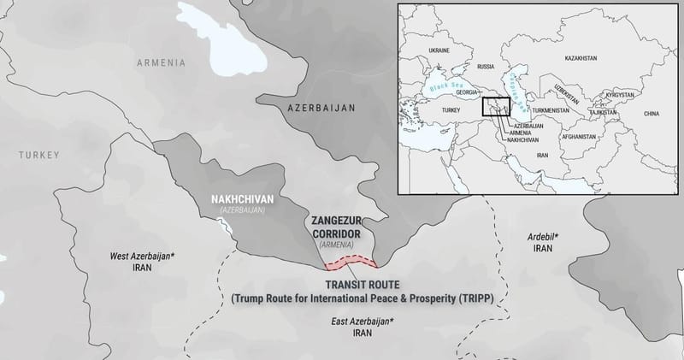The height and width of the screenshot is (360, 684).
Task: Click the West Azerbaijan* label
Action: pos(141,256)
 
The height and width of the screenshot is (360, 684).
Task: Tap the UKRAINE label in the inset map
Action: pos(438,50)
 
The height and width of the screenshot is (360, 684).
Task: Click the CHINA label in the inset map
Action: pos(652,113)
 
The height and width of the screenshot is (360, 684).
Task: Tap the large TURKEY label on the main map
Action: pos(41,155)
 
